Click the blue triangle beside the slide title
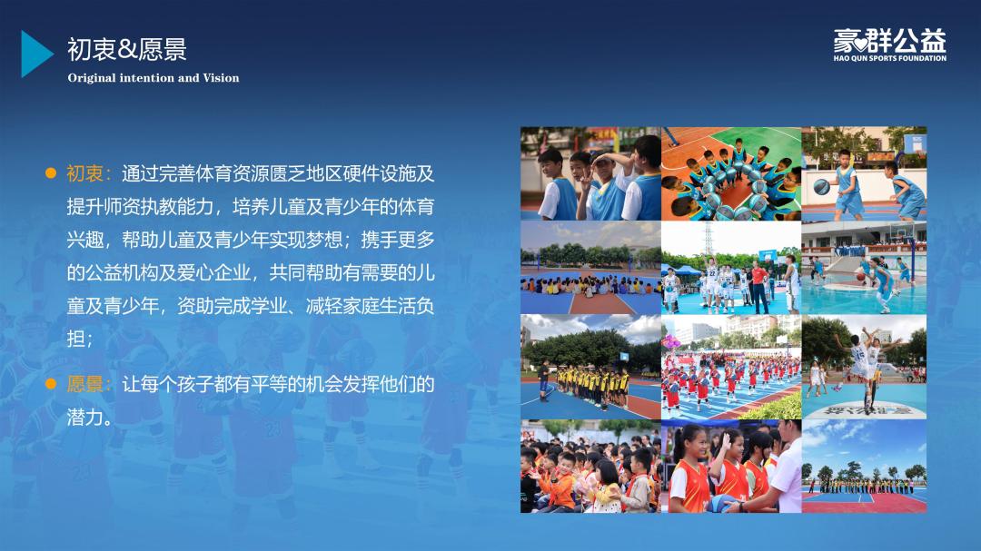[35, 54]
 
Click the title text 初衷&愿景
[127, 49]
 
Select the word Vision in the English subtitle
[221, 78]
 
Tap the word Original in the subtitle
[92, 79]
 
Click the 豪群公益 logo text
[889, 41]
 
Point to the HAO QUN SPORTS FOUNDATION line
[889, 58]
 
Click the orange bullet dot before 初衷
[51, 173]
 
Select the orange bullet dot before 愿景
[51, 383]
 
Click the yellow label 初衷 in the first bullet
[85, 173]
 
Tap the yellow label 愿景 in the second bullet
[85, 383]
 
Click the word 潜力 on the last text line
[85, 417]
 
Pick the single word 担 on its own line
[75, 339]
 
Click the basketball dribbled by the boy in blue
[821, 186]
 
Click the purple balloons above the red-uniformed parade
[671, 341]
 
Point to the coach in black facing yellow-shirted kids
[544, 379]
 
